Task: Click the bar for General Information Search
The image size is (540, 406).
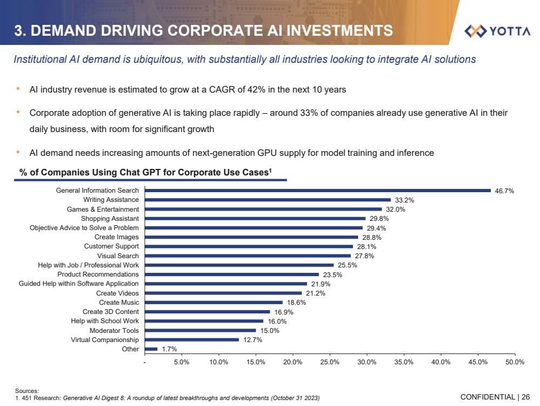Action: [317, 191]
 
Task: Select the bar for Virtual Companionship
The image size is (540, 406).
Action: [191, 340]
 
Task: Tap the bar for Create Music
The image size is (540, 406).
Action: [214, 303]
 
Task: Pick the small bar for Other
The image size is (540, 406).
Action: [151, 349]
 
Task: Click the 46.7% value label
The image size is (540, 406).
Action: [504, 191]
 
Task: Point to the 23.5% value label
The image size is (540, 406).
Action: [332, 274]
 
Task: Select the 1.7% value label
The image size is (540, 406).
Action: [169, 349]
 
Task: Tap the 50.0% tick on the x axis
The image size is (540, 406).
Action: [515, 362]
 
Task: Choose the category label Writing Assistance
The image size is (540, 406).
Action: [111, 200]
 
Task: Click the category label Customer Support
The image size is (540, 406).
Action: [111, 246]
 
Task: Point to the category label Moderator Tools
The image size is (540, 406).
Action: [114, 330]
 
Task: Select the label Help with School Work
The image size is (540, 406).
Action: [105, 321]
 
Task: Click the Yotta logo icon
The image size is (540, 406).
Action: [476, 31]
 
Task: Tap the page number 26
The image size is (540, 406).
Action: [525, 397]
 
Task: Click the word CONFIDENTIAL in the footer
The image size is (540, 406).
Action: [488, 397]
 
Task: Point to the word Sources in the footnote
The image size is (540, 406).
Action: [26, 390]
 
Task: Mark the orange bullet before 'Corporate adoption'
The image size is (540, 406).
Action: [18, 113]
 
